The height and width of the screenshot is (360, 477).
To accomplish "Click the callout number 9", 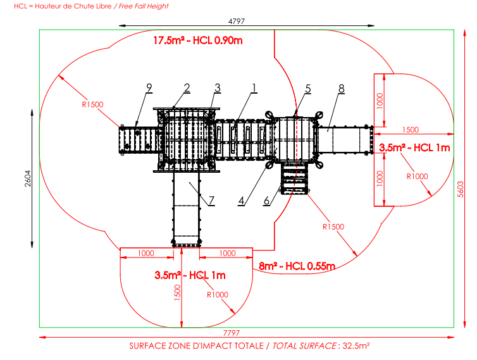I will point(149,87).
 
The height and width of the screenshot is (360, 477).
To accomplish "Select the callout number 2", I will point(187,87).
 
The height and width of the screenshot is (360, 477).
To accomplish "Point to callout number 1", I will point(254,87).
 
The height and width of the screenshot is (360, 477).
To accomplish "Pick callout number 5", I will point(307,87).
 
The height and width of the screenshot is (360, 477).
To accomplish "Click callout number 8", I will point(341,87).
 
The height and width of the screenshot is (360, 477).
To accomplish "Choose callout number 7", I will point(211,200).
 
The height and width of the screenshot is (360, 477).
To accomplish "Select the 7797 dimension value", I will point(238,333).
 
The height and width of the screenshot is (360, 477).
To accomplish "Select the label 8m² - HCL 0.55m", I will point(297,266).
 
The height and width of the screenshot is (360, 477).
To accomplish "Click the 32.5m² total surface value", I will point(356,346).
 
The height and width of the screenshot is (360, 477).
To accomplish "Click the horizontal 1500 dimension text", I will point(409,130).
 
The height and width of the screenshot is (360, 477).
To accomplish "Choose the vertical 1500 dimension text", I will point(178,292).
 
